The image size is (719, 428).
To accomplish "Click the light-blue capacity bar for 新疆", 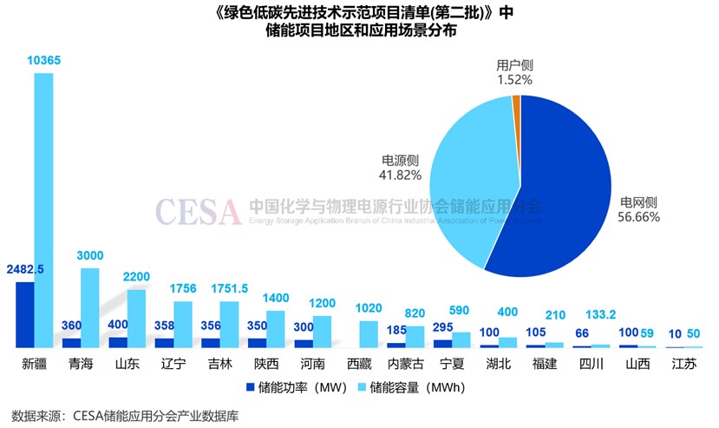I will coord(43,208).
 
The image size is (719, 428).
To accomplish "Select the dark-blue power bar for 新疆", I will coord(25,314).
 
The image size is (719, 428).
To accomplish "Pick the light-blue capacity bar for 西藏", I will coord(369,334).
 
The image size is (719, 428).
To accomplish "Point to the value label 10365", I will coord(43,60).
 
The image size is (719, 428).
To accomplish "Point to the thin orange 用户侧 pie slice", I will coord(517,102).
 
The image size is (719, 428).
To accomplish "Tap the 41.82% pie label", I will coord(401,174).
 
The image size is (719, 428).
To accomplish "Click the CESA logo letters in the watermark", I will coord(198,209).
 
